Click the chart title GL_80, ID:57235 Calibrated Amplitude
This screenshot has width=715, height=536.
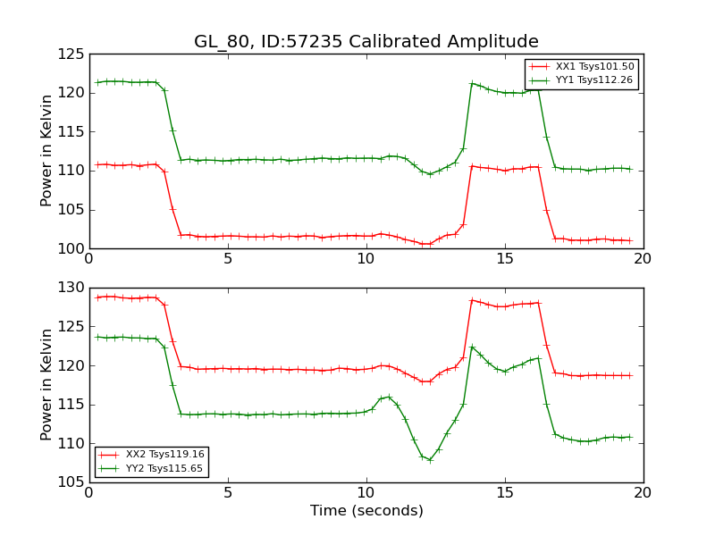tap(366, 42)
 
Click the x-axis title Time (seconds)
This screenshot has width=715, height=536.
tap(366, 511)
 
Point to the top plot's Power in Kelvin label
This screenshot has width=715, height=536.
tap(47, 151)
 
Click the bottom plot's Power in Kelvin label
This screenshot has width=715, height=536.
tap(47, 385)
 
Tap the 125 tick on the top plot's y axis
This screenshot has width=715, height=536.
tap(71, 54)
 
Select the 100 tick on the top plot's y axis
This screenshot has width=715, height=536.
tap(71, 249)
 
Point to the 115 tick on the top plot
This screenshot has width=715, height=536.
tap(71, 132)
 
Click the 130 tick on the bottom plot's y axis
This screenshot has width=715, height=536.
tap(71, 289)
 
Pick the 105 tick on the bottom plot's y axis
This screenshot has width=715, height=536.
tap(71, 483)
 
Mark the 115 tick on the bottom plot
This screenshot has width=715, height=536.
tap(71, 406)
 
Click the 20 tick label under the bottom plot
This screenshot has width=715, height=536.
tap(643, 493)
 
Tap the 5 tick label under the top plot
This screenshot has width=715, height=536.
tap(228, 259)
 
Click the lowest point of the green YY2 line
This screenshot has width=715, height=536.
tap(430, 460)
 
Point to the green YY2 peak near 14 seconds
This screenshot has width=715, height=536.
tap(472, 347)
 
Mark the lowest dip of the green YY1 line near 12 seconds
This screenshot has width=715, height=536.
tap(430, 174)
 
